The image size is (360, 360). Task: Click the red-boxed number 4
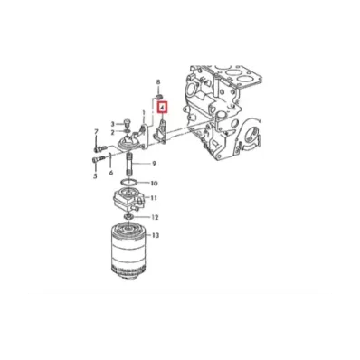(163, 107)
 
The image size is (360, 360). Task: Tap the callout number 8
(158, 81)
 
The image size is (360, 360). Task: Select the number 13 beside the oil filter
(156, 235)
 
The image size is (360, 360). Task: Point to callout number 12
(155, 217)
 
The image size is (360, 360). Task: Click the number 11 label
(154, 198)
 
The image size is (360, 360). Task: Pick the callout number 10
(154, 183)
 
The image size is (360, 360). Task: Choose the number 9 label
(154, 164)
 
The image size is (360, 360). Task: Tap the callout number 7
(96, 131)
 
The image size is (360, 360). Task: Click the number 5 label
(95, 176)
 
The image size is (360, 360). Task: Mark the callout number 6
(110, 173)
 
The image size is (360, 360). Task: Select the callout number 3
(113, 124)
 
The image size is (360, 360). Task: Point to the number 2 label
(113, 132)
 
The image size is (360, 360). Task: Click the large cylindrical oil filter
(128, 252)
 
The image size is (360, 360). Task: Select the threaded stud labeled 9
(128, 165)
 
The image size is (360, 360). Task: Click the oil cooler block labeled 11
(128, 200)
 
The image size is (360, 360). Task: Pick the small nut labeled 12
(128, 217)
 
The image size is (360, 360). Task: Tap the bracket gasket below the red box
(160, 131)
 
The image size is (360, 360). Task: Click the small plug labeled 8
(159, 97)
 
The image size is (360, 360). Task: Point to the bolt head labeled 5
(95, 159)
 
